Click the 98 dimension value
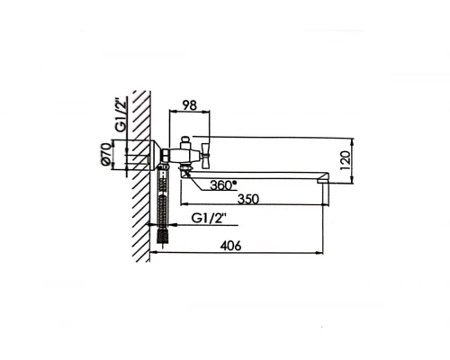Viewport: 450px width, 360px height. point(190,105)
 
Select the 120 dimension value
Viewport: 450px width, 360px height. point(346,160)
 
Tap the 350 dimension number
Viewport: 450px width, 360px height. point(247,199)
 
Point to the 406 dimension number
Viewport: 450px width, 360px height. point(230,246)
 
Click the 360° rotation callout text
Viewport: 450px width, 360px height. point(223,185)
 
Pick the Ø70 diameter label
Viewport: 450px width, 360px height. point(106,154)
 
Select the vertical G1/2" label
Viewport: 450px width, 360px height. point(121,115)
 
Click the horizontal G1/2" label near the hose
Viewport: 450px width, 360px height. point(209,218)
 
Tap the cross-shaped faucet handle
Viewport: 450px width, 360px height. point(206,155)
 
